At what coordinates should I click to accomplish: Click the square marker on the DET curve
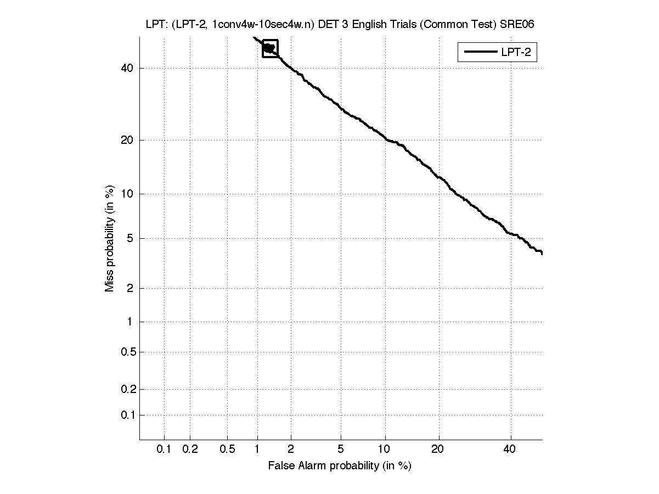(x=270, y=48)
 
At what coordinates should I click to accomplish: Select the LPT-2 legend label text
(x=517, y=52)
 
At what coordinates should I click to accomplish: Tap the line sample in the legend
(x=480, y=52)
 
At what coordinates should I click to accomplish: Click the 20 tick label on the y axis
(x=127, y=140)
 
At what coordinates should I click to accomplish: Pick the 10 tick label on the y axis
(x=127, y=194)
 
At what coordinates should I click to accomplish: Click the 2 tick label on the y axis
(x=129, y=288)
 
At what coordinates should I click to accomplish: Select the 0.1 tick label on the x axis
(x=164, y=450)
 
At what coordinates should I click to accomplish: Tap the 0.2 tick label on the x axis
(x=190, y=450)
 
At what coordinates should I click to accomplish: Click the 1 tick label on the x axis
(x=257, y=450)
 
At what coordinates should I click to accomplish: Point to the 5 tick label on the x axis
(x=341, y=450)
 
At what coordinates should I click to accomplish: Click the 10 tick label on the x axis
(x=386, y=450)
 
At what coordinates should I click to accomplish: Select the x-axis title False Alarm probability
(x=339, y=466)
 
